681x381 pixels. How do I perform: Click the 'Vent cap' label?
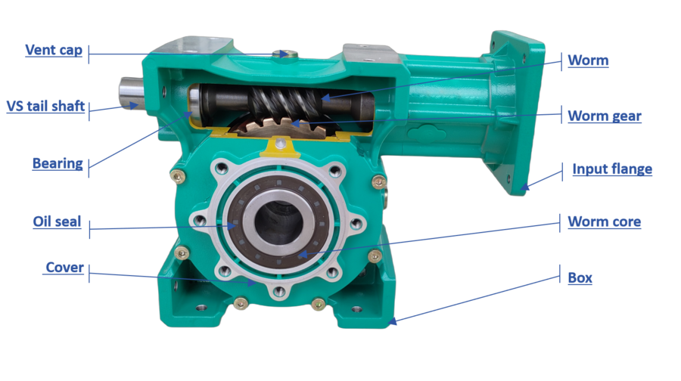coord(53,50)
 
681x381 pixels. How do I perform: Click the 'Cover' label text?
coord(64,268)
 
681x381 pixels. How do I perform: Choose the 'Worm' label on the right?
coord(588,60)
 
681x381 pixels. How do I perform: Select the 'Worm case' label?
coord(605,221)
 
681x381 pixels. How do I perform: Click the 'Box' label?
coord(580,277)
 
